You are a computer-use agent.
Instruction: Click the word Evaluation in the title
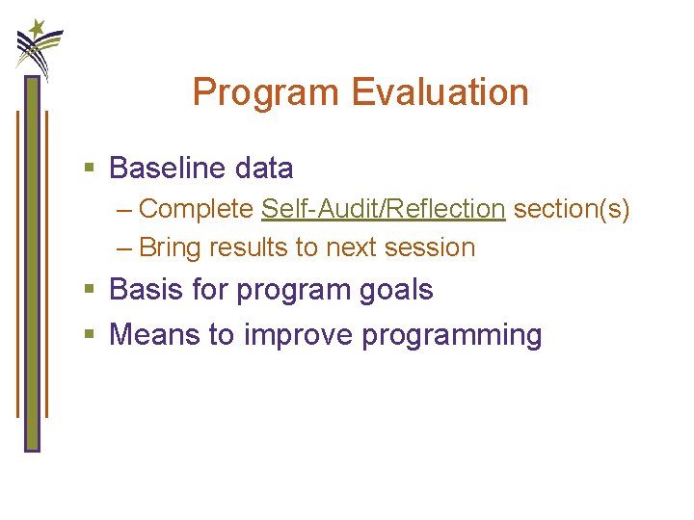click(x=440, y=93)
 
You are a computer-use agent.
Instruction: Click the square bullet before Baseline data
click(x=90, y=169)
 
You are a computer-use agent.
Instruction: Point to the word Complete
click(x=197, y=209)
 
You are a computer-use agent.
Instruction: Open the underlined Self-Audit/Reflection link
click(x=383, y=209)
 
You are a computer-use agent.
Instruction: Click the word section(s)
click(x=572, y=209)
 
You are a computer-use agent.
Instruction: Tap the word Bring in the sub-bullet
click(x=171, y=247)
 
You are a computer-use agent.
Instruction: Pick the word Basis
click(x=145, y=290)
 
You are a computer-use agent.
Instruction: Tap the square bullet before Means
click(x=90, y=336)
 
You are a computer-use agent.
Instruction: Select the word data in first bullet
click(x=263, y=169)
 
